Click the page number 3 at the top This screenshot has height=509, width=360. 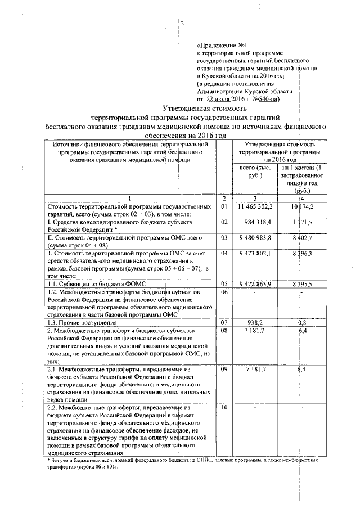pyautogui.click(x=182, y=24)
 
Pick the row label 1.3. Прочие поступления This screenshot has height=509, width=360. pyautogui.click(x=86, y=323)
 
